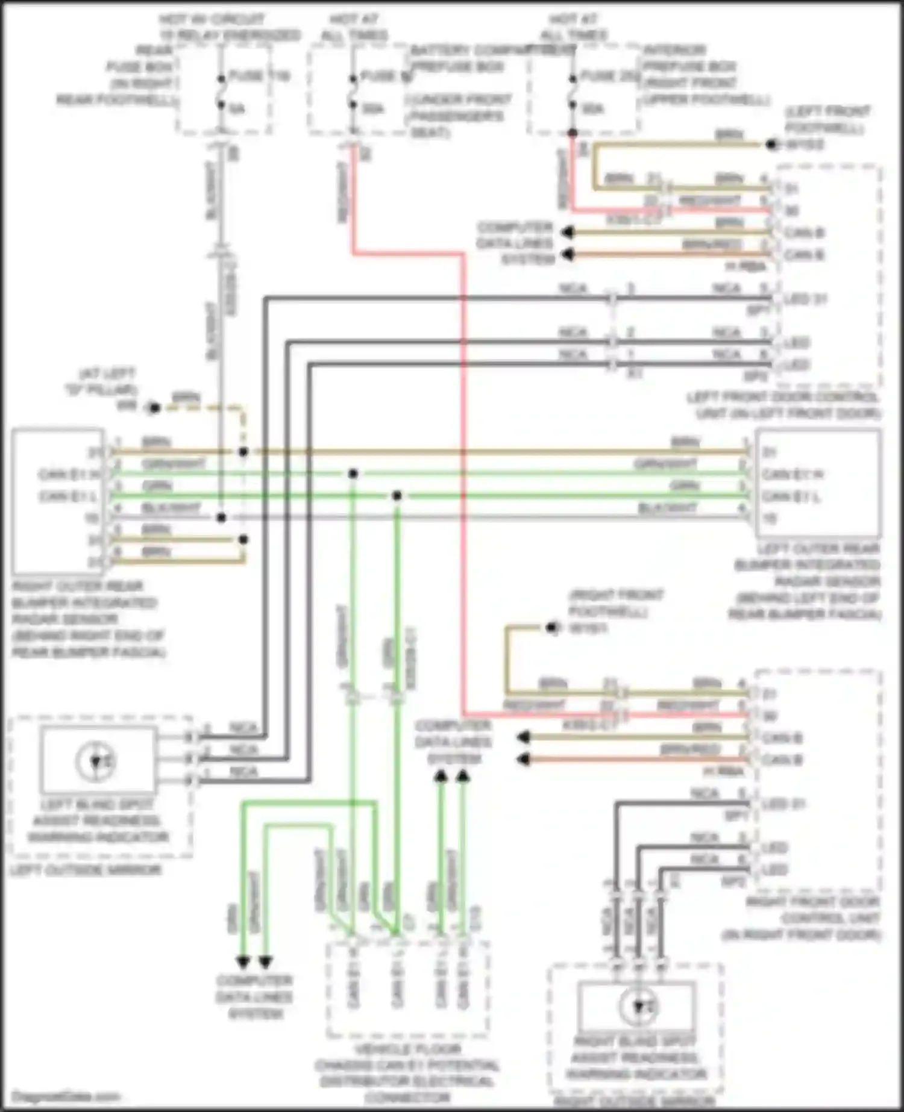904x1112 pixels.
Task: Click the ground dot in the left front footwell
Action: pos(771,145)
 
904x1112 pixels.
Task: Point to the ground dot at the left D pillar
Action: pos(154,408)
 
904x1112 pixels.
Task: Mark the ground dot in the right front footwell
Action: pos(551,628)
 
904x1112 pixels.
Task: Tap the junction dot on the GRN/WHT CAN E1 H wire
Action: pos(353,474)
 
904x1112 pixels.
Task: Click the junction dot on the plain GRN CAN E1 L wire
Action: pos(397,496)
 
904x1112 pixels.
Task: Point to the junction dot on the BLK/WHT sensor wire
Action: pos(221,517)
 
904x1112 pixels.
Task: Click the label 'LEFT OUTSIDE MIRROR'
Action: pos(86,870)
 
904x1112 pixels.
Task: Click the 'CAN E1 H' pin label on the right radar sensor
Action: pos(69,475)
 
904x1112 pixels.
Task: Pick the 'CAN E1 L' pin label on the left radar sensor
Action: pos(791,496)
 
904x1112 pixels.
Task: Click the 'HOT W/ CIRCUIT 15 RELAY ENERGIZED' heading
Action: pos(229,28)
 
